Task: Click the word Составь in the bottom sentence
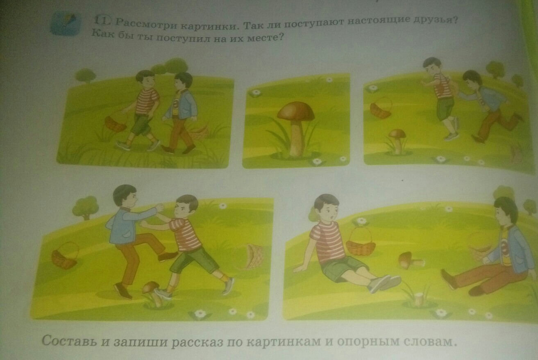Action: [x=69, y=340]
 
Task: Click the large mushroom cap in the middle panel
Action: [x=295, y=111]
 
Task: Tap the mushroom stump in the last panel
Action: [x=420, y=299]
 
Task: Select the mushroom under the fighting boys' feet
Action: [x=153, y=294]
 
